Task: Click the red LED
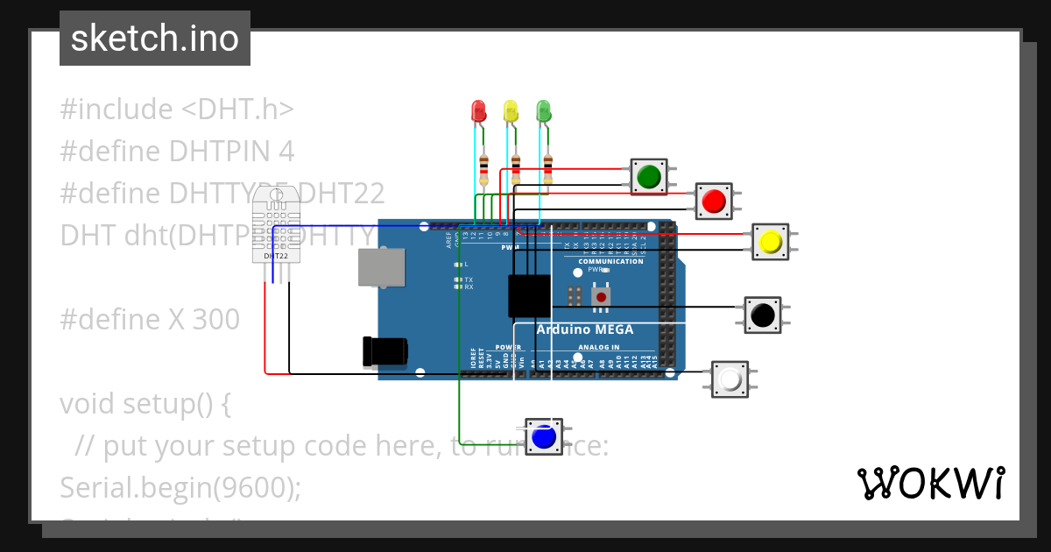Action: [478, 111]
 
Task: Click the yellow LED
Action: [511, 111]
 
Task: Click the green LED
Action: [543, 111]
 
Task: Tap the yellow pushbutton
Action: [770, 242]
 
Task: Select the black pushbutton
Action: [762, 315]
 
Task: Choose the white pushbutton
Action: [730, 379]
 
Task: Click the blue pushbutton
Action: [544, 435]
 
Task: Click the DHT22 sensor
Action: [276, 227]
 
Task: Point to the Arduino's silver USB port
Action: [382, 267]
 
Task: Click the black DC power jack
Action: [384, 351]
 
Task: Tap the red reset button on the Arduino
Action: [601, 298]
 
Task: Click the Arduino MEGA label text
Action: [584, 329]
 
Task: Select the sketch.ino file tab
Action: [155, 39]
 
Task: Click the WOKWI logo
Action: [930, 483]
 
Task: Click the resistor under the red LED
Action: [484, 168]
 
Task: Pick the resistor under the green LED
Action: [548, 168]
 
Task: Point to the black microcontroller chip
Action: [529, 295]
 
